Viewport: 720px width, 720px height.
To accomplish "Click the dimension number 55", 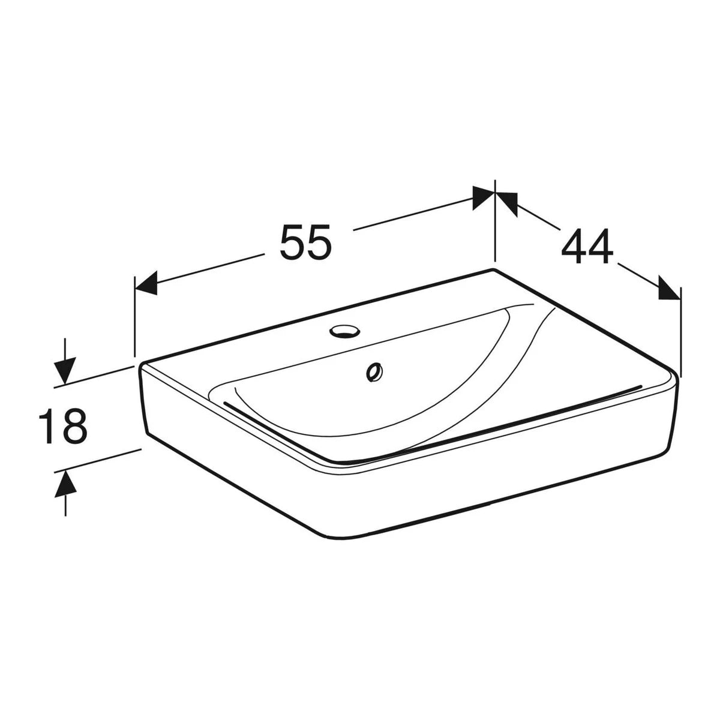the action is click(x=305, y=242).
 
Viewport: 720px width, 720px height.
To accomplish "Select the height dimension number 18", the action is click(x=63, y=426).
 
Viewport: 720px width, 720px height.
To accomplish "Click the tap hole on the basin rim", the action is click(x=344, y=331).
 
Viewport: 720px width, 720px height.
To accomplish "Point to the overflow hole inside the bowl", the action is click(x=374, y=372).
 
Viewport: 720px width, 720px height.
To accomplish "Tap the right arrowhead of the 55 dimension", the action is click(x=484, y=197).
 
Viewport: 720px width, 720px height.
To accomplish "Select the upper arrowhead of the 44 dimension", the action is click(x=506, y=204).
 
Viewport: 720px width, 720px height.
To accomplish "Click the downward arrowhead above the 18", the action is click(x=65, y=371).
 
